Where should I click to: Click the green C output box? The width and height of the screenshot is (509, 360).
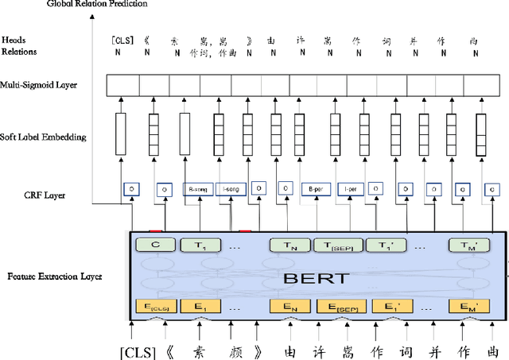(155, 246)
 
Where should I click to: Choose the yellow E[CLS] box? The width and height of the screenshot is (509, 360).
(155, 305)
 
